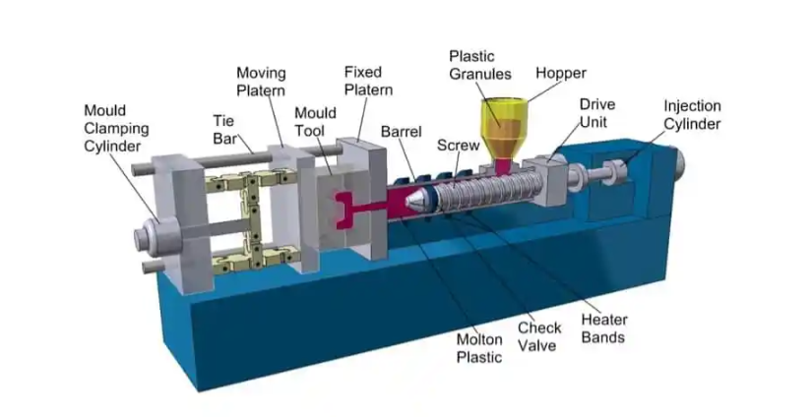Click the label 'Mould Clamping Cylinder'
point(116,128)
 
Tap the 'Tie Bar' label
point(223,129)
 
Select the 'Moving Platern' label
point(261,82)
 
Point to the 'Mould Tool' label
point(315,120)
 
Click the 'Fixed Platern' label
point(368,82)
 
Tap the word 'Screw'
point(458,145)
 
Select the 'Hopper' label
point(561,73)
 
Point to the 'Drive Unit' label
point(597,111)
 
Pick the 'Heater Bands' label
point(602,328)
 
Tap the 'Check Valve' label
point(539,336)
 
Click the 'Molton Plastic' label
point(479,348)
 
